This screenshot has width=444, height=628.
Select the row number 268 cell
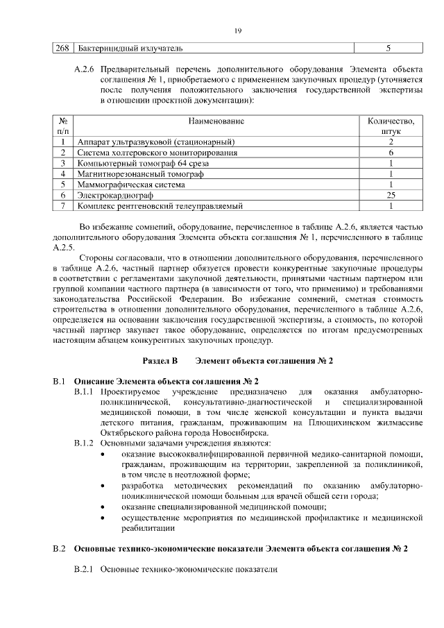coord(63,49)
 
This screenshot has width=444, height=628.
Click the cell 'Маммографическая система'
coord(131,185)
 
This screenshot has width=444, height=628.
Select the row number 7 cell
coord(62,205)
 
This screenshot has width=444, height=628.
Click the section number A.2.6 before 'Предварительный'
coord(84,71)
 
